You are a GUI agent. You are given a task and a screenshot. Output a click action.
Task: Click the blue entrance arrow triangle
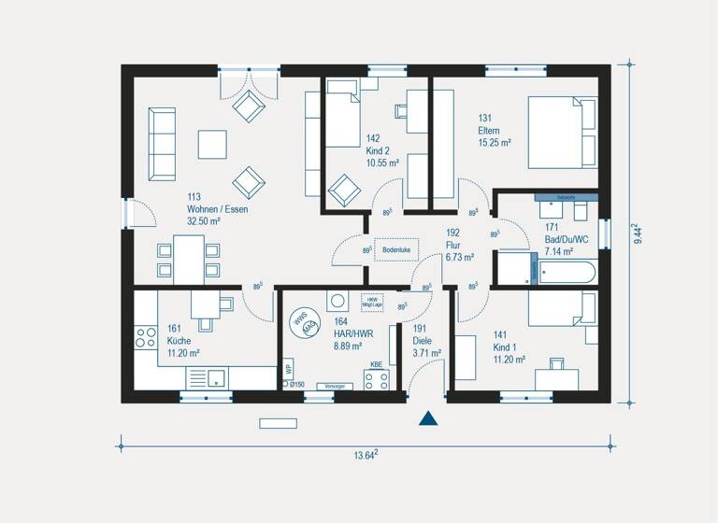click(x=428, y=417)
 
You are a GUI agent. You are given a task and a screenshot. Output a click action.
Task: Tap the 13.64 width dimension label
click(x=365, y=455)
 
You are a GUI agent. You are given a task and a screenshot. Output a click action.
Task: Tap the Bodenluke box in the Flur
click(x=397, y=249)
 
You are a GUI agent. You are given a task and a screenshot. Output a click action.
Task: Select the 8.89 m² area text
click(x=350, y=345)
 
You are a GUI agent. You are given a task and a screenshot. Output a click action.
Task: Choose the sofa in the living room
click(x=162, y=144)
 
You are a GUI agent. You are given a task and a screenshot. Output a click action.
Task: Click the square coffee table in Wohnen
click(x=212, y=144)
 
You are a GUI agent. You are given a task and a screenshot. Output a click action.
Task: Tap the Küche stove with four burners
click(x=146, y=337)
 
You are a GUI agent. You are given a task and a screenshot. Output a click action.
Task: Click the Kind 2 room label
click(x=378, y=150)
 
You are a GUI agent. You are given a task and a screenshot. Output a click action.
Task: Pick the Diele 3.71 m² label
click(x=426, y=347)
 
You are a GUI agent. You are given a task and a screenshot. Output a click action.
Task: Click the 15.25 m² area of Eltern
click(x=495, y=143)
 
